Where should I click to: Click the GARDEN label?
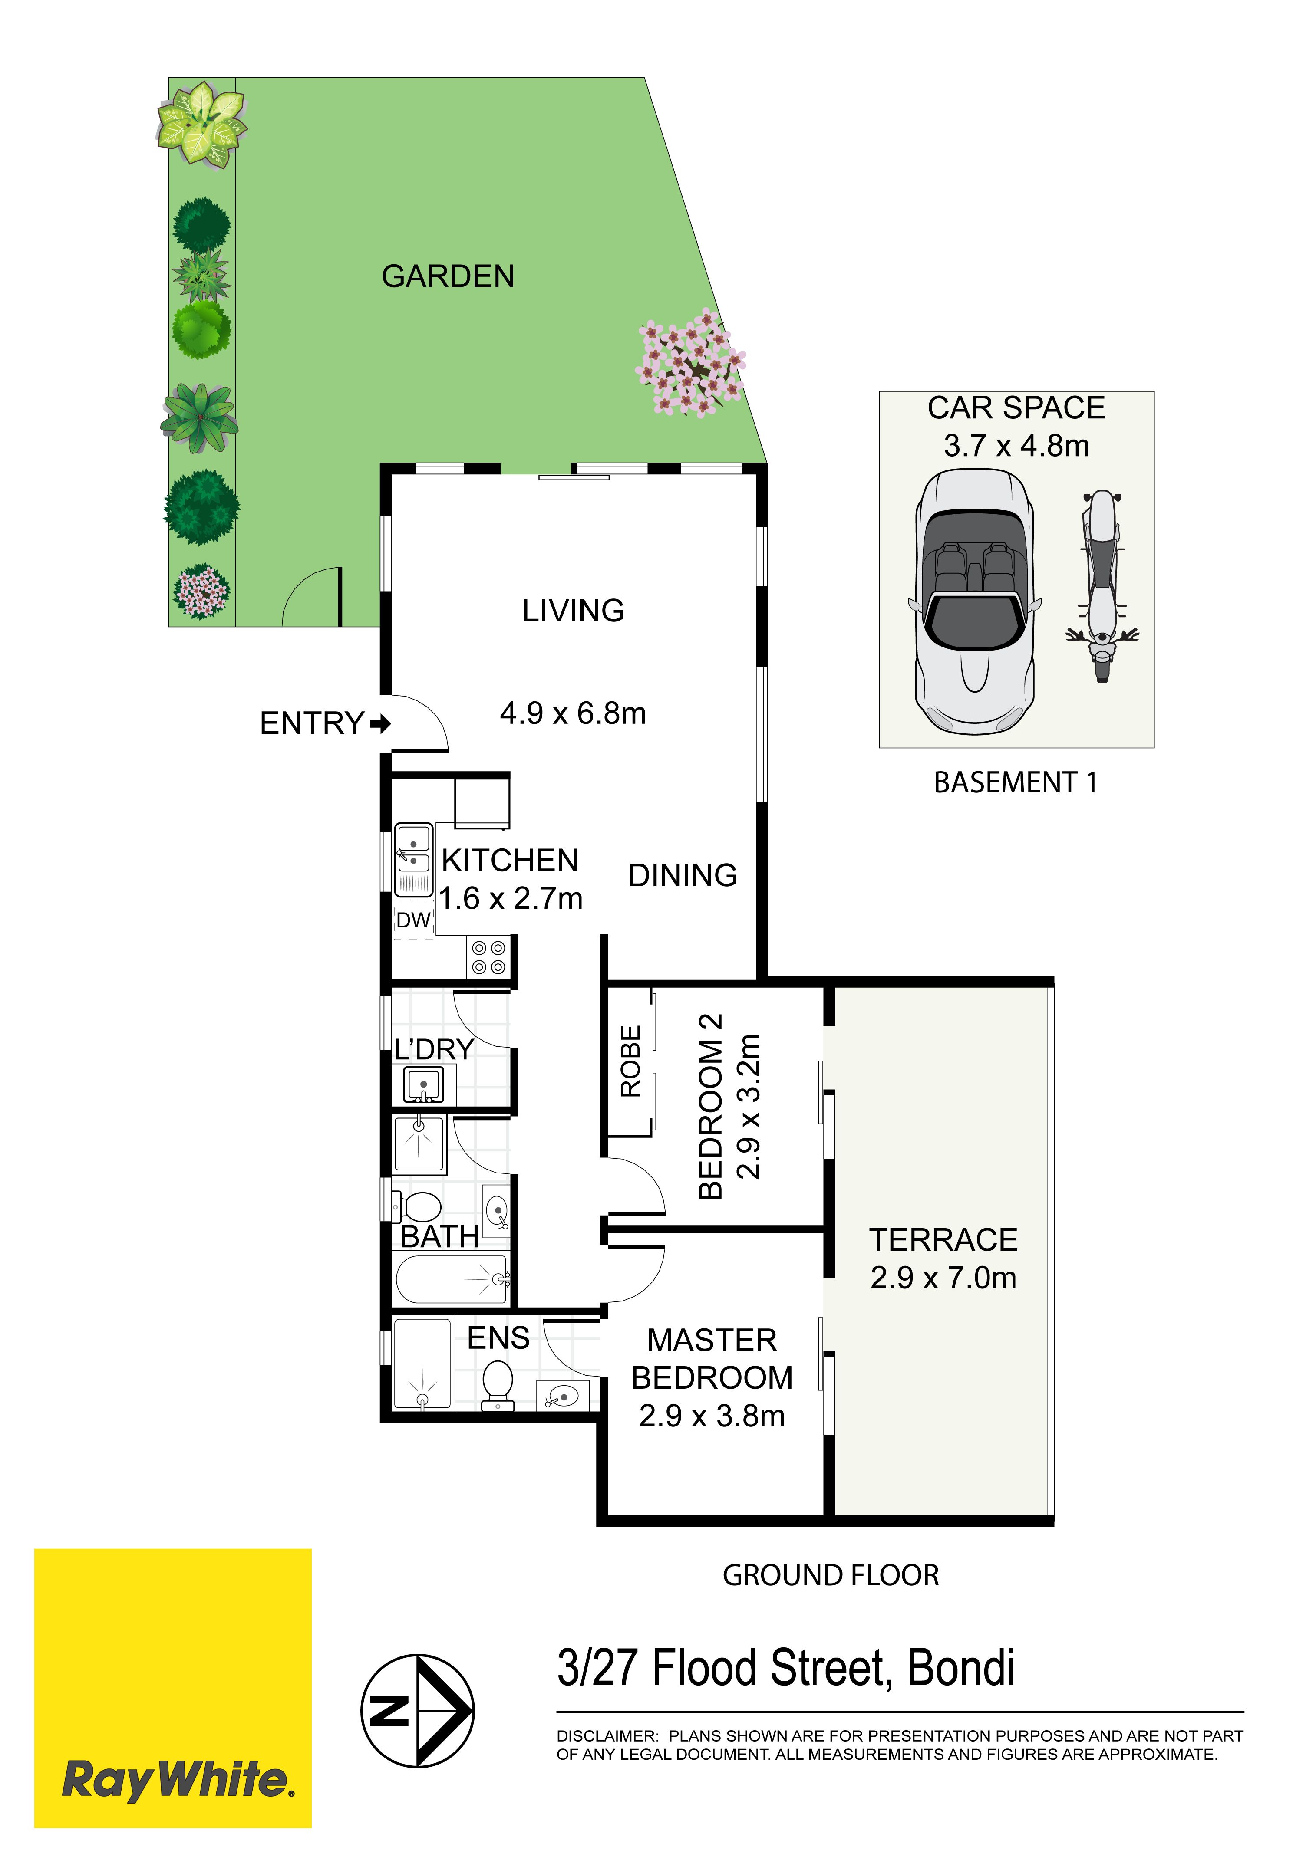click(448, 277)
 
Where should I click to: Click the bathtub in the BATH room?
click(452, 1279)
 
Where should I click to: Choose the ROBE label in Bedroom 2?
click(630, 1061)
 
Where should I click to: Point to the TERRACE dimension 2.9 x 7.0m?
click(943, 1278)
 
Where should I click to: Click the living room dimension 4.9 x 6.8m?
click(573, 713)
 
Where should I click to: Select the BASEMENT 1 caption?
click(1016, 782)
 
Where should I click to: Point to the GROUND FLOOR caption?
click(831, 1576)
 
